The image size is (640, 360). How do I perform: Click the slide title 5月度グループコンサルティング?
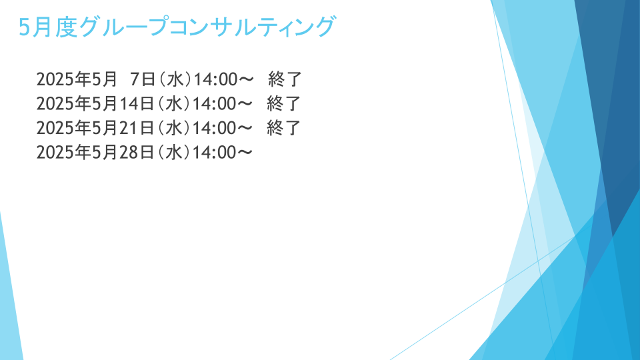coord(177,27)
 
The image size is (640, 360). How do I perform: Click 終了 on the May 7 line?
coord(285,79)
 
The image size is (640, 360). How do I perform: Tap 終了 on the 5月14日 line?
coord(284,104)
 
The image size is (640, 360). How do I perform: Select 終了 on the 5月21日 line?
coord(284,128)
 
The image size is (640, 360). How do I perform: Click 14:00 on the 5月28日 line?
coord(214,153)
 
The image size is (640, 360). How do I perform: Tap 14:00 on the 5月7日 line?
coord(215,79)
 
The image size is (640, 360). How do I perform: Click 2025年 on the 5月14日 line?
coord(63,104)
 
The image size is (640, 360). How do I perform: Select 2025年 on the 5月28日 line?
coord(63,153)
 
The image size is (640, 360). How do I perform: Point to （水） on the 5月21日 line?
coord(174,128)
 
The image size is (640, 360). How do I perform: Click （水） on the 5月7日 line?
coord(175,79)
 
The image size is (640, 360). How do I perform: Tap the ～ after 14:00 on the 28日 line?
coord(245,153)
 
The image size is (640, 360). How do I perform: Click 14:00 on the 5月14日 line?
coord(214,104)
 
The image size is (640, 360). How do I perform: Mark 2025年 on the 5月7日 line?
coord(63,79)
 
